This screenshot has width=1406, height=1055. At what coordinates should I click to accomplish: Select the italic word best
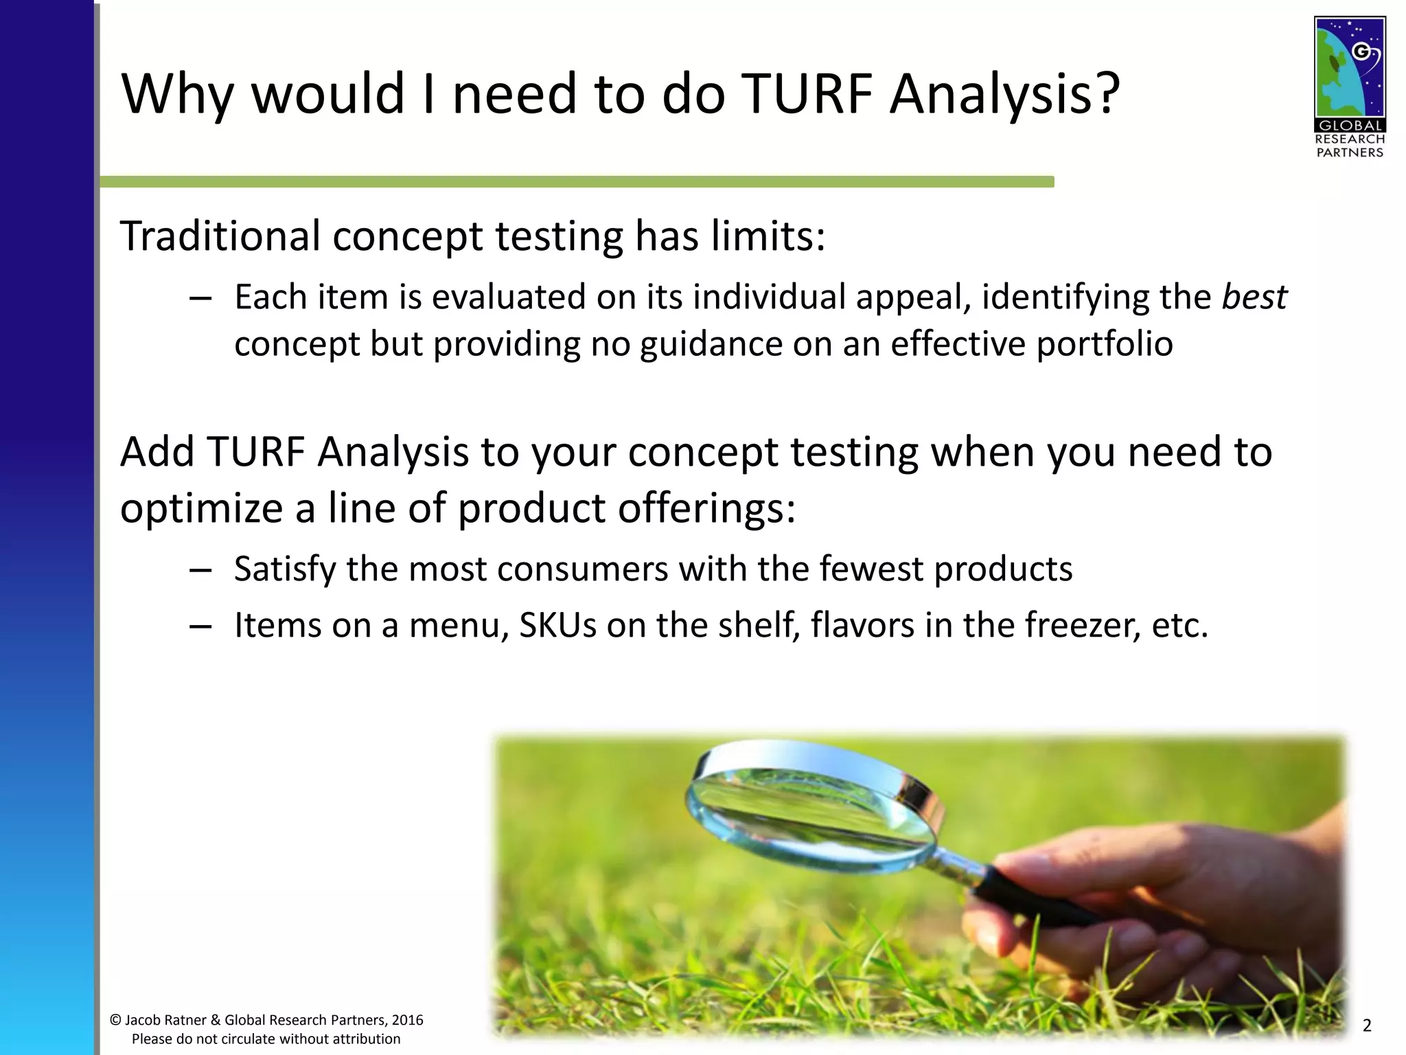click(1254, 297)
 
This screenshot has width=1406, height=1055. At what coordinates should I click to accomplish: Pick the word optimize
click(203, 509)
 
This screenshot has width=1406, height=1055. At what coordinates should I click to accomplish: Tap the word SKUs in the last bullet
click(557, 625)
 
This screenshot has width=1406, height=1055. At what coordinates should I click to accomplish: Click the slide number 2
click(1366, 1026)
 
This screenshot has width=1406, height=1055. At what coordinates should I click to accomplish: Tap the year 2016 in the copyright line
click(407, 1021)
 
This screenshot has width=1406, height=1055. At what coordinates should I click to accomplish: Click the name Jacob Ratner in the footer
click(165, 1021)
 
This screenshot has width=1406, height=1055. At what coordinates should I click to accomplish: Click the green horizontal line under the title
click(577, 182)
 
